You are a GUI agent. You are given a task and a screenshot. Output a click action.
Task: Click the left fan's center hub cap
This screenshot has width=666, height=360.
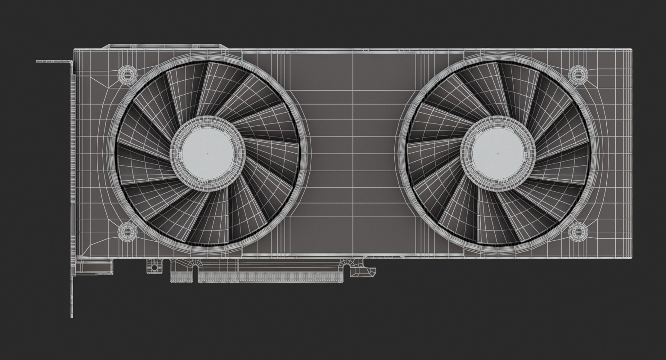click(207, 153)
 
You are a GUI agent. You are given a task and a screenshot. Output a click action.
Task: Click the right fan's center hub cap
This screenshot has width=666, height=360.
click(498, 153)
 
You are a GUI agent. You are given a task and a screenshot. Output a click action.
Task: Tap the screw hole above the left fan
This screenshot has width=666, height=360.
click(127, 74)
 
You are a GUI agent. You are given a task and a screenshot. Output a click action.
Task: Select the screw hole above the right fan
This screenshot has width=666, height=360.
click(578, 74)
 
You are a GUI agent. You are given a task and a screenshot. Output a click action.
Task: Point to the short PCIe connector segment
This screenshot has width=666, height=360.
click(183, 276)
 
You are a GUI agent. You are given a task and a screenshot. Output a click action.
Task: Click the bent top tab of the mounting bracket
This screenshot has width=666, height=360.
click(54, 62)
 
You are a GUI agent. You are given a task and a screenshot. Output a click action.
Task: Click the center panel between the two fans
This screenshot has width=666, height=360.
click(353, 153)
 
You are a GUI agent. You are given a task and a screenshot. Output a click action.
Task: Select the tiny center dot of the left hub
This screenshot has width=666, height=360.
click(207, 153)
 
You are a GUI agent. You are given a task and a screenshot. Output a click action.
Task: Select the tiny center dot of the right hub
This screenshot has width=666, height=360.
click(498, 153)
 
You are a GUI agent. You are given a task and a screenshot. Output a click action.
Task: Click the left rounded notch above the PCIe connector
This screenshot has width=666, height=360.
click(195, 267)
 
